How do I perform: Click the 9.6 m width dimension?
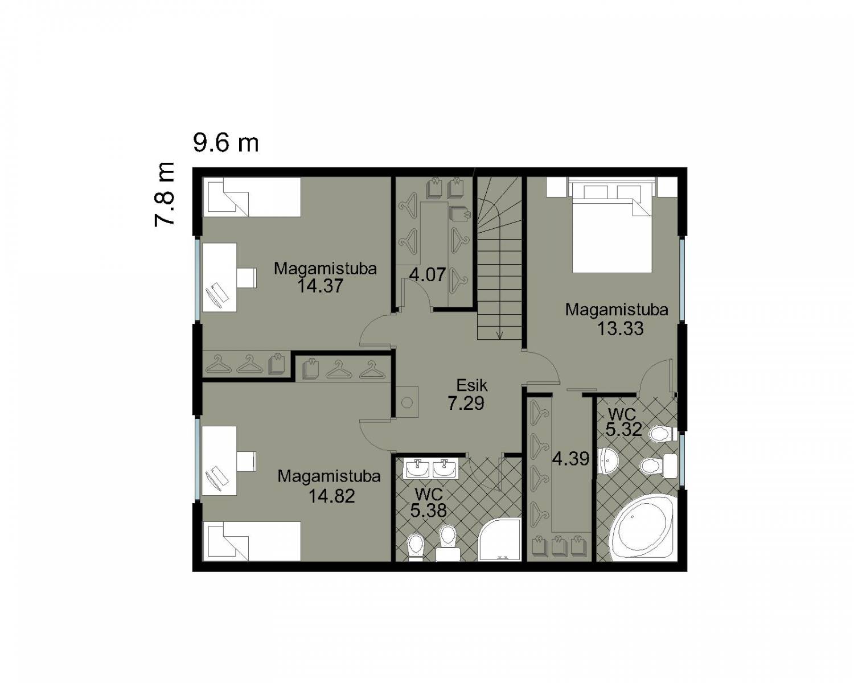point(226,143)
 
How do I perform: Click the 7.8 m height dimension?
point(165,194)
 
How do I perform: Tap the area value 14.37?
point(320,286)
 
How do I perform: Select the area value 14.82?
point(332,496)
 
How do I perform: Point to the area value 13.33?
point(620,328)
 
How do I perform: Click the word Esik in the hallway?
point(472,385)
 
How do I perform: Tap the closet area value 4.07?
point(428,274)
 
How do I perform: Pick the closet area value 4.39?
point(570,459)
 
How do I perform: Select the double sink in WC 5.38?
point(431,468)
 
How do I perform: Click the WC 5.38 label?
point(429,503)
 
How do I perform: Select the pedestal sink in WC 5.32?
point(608,461)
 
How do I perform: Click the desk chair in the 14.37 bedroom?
point(247,277)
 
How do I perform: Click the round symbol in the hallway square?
point(407,402)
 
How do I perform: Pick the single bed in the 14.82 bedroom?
point(252,541)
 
